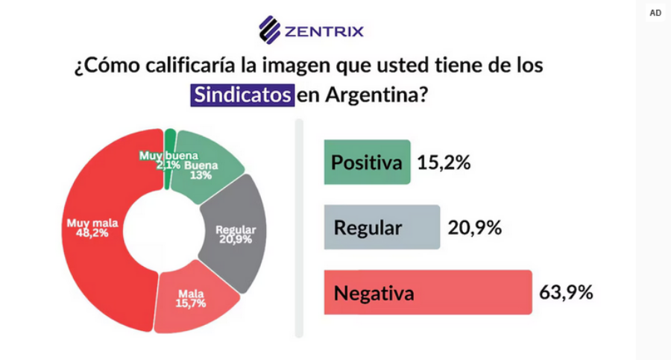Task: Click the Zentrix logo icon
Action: [269, 30]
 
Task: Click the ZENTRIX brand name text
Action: [323, 31]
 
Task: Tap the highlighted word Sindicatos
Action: [242, 96]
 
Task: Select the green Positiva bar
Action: [367, 162]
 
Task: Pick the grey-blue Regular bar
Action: [382, 227]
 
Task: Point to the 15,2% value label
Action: [444, 162]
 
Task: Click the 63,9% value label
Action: [566, 292]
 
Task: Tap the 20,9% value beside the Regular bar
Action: [474, 227]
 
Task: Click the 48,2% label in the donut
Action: [88, 233]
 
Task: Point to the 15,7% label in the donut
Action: [192, 303]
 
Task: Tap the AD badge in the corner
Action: [655, 13]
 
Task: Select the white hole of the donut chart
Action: [160, 231]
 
